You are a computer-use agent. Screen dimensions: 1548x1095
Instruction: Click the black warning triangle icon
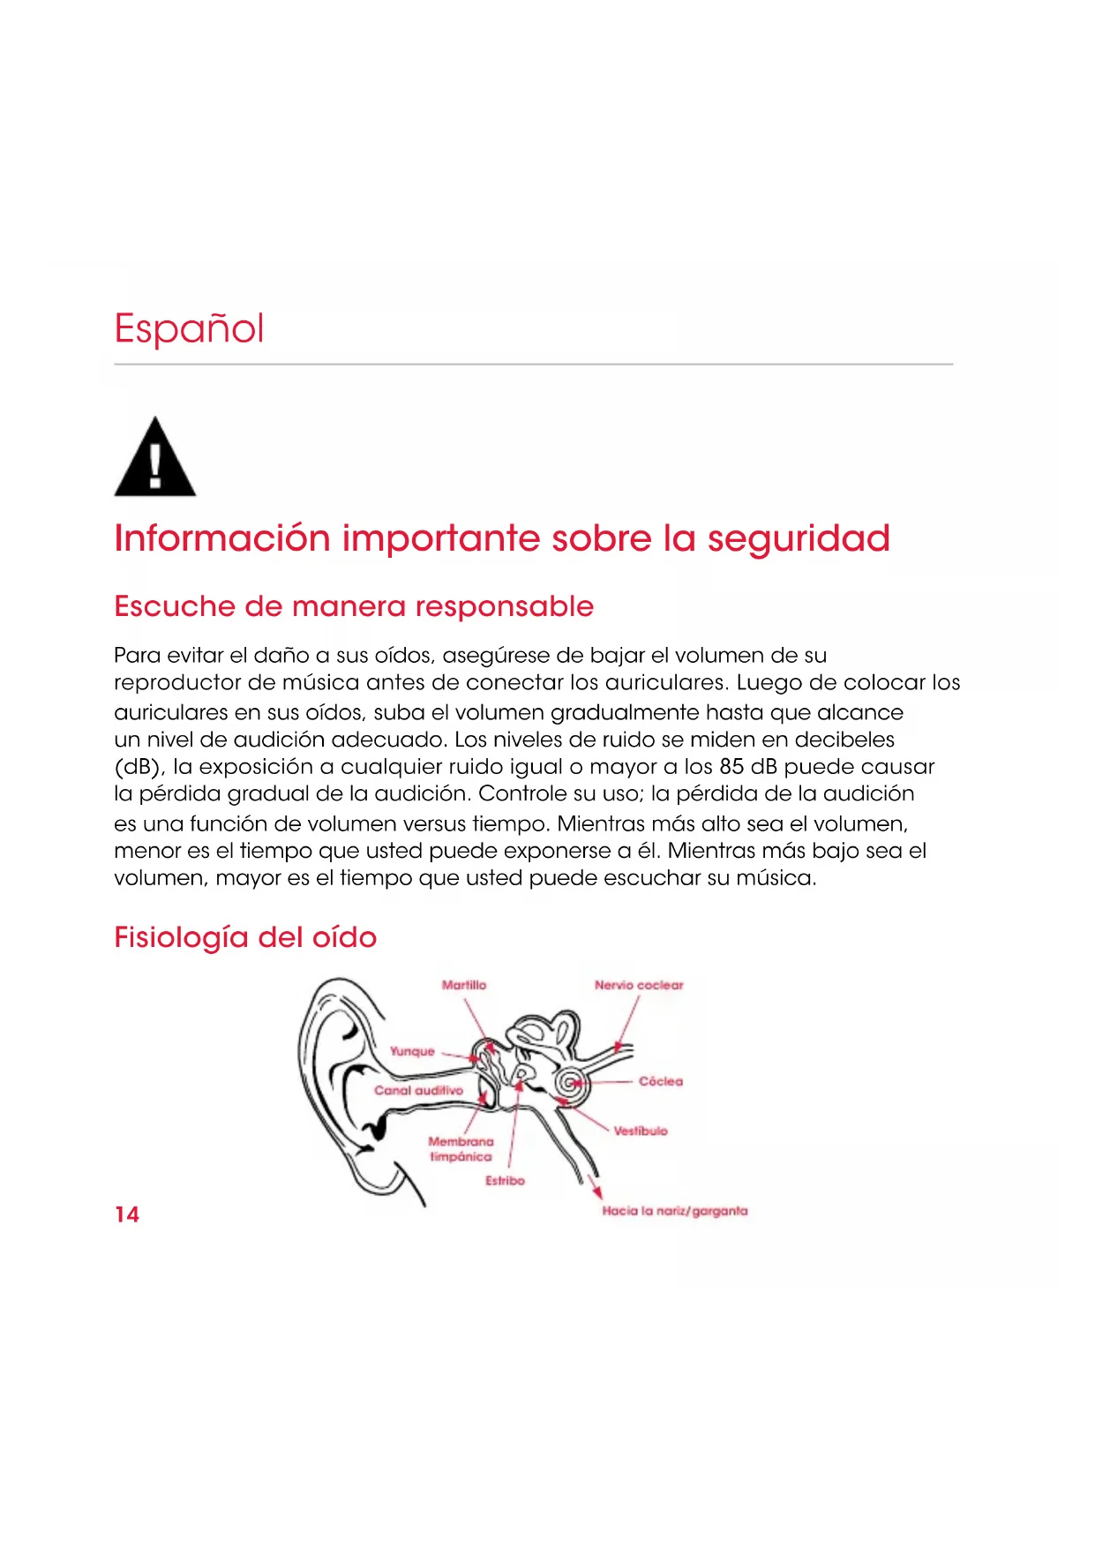(155, 459)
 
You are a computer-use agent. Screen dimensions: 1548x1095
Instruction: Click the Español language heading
(189, 328)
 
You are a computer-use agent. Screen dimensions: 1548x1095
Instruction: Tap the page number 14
(127, 1214)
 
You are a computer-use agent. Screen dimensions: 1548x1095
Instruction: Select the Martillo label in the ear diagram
(464, 985)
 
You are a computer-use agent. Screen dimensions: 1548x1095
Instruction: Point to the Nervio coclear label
(639, 985)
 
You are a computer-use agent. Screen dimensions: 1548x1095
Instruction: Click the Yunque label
(412, 1051)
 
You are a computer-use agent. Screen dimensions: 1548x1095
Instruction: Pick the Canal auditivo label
(418, 1091)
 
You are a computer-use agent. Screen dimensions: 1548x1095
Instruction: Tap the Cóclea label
(661, 1081)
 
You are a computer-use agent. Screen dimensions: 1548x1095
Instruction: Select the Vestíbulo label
(641, 1131)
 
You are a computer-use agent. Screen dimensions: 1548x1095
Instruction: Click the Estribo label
(505, 1181)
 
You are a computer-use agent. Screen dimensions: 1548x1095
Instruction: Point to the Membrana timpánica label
(461, 1149)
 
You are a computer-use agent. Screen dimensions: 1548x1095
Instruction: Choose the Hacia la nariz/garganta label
(675, 1211)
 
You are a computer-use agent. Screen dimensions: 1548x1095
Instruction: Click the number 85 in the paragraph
(731, 766)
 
